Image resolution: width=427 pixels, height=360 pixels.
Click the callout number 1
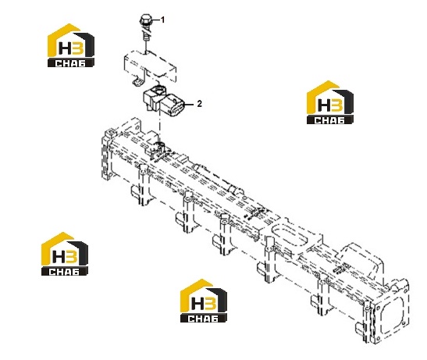pyautogui.click(x=163, y=20)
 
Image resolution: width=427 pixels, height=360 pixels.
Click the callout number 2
pyautogui.click(x=200, y=104)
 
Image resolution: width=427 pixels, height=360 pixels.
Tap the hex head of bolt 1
pyautogui.click(x=146, y=20)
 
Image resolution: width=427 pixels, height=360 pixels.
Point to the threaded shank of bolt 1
pyautogui.click(x=146, y=34)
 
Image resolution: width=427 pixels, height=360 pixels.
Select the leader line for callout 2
pyautogui.click(x=189, y=105)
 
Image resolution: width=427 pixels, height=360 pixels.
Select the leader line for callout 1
pyautogui.click(x=155, y=20)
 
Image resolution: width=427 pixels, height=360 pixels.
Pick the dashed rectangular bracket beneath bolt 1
pyautogui.click(x=150, y=65)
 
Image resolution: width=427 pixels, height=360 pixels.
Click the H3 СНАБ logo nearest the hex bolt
pyautogui.click(x=71, y=45)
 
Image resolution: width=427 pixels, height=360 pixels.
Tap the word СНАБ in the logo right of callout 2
pyautogui.click(x=329, y=120)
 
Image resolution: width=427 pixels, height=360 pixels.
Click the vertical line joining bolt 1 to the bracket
pyautogui.click(x=146, y=46)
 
